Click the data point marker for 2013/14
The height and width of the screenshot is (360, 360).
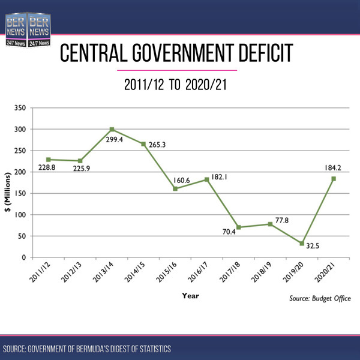click(112, 130)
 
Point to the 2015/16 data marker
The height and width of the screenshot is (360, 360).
click(175, 189)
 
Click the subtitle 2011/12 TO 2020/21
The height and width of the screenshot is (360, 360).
click(179, 85)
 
